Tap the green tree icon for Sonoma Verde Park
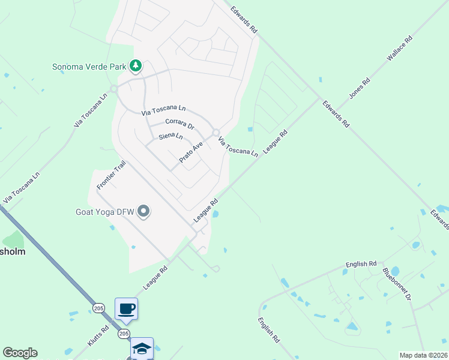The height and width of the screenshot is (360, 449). [x=136, y=65]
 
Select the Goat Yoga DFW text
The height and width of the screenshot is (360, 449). [x=104, y=211]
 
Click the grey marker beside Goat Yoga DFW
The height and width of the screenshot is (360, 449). [x=143, y=211]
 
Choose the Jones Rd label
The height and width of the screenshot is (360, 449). [x=360, y=88]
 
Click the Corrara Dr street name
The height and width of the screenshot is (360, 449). [x=180, y=123]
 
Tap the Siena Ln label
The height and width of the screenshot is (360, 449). [x=170, y=136]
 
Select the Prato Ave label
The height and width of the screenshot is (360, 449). [x=191, y=152]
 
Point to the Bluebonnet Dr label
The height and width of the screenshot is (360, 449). [x=397, y=284]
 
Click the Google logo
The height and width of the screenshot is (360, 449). [x=19, y=353]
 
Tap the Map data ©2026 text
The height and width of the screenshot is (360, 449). [x=423, y=355]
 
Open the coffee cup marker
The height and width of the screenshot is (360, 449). [x=126, y=309]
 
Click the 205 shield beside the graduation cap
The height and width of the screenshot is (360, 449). [x=124, y=333]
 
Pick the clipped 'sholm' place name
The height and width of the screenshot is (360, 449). [x=13, y=252]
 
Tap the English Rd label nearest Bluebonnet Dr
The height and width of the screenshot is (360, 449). [x=361, y=264]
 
